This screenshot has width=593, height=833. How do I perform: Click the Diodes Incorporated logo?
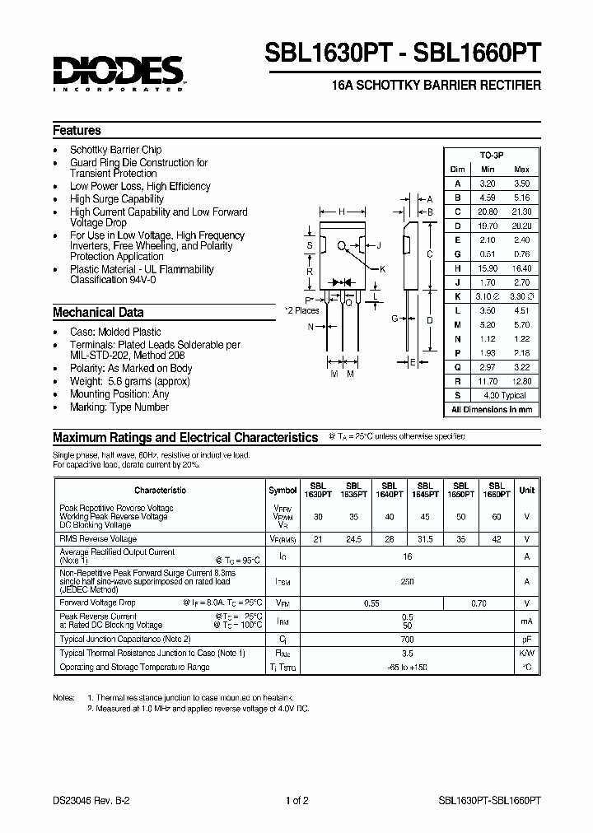coord(119,72)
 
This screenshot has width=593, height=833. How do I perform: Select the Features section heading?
coord(77,130)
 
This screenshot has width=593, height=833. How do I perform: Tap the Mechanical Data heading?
coord(98,313)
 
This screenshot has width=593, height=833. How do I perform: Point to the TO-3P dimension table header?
coord(492,154)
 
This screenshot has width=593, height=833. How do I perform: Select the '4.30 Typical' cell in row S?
coord(504,396)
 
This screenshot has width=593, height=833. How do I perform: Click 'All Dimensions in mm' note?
coord(492,409)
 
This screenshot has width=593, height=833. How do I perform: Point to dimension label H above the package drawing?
coord(340,212)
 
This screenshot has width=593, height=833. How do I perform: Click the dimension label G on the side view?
coord(395,319)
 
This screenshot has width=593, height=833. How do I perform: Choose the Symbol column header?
coord(282,490)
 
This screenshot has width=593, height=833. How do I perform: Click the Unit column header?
coord(526,490)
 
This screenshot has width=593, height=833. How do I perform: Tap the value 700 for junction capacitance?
coord(407,639)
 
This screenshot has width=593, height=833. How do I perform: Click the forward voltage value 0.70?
coord(479,603)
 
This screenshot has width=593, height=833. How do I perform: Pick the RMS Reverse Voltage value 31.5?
coord(425,540)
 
